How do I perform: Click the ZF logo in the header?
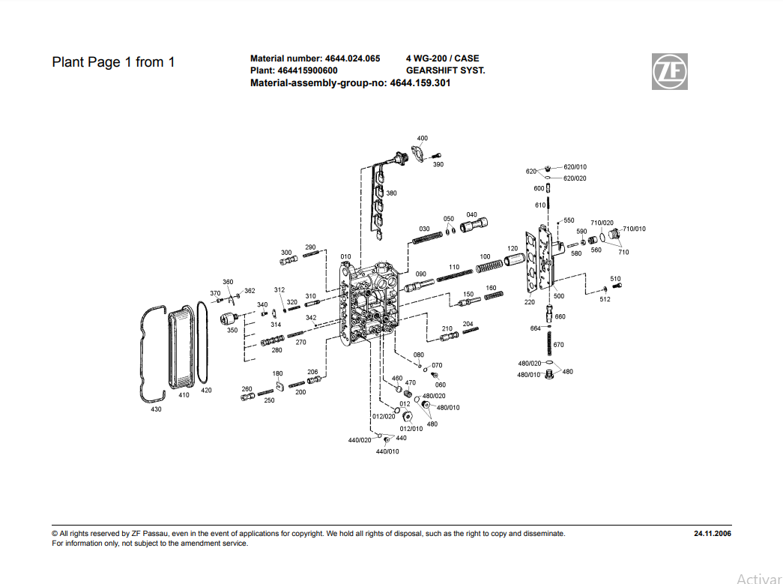click(668, 72)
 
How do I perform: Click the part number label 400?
click(423, 138)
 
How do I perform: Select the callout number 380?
click(392, 193)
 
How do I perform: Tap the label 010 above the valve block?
click(345, 256)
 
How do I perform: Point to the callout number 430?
click(156, 409)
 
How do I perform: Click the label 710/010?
click(634, 229)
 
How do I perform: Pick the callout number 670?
click(558, 345)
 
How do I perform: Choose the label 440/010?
click(387, 451)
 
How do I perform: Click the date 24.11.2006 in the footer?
click(713, 534)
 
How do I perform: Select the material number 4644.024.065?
click(352, 58)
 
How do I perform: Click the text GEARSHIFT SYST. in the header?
click(446, 70)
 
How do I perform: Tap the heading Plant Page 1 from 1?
click(113, 62)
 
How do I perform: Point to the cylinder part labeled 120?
click(515, 260)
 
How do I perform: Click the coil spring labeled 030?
click(429, 238)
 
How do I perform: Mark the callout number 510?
click(615, 279)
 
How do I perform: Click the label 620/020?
click(575, 178)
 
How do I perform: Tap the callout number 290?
click(310, 247)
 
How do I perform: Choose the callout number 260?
click(247, 388)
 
